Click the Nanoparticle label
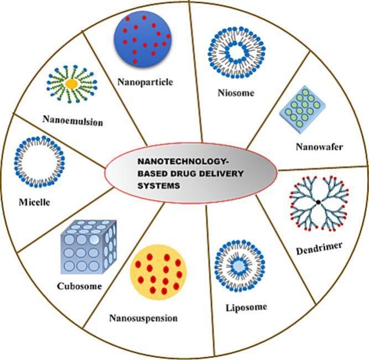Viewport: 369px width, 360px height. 145,82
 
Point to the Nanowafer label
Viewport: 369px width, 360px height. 319,147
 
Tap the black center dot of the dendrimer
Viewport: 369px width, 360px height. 319,203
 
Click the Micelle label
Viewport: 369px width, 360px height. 34,202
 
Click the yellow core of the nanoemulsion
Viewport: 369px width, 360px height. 71,84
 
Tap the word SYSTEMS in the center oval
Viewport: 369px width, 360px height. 153,186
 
